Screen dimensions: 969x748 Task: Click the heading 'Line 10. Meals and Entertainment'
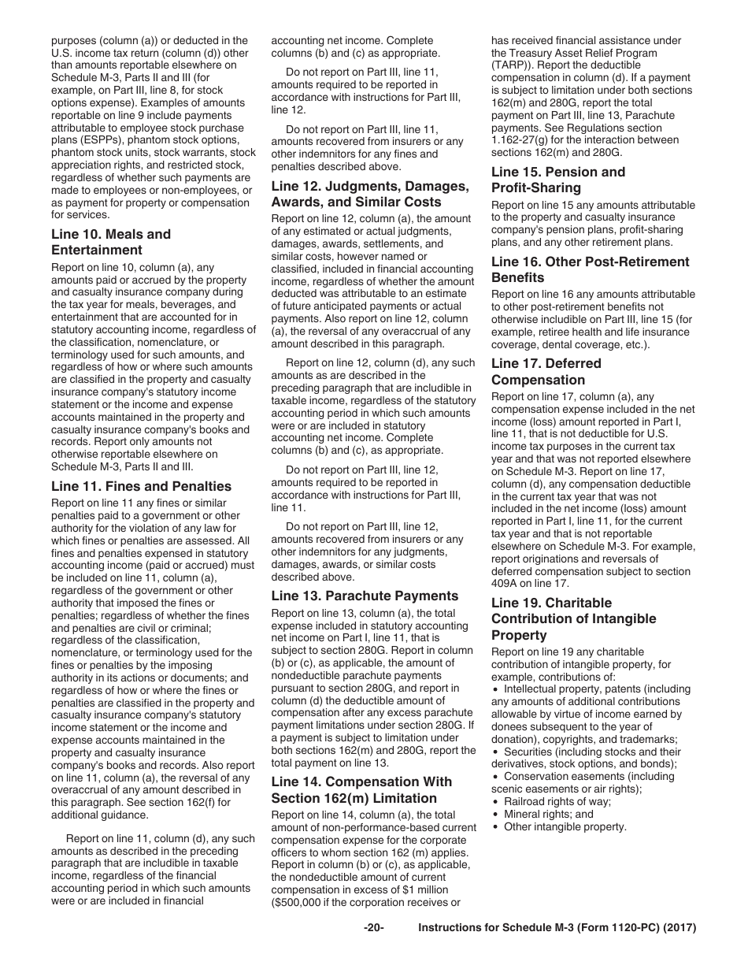tap(110, 242)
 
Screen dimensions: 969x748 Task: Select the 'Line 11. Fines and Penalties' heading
tap(142, 486)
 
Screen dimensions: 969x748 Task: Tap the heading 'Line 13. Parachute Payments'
tap(365, 596)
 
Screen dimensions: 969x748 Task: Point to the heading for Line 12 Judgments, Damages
tap(369, 194)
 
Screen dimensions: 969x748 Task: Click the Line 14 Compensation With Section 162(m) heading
tap(361, 789)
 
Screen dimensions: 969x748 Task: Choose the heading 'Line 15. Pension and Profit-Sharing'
tap(557, 180)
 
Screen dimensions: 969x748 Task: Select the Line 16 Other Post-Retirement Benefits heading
tap(590, 269)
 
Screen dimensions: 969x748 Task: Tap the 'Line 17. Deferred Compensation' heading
tap(546, 372)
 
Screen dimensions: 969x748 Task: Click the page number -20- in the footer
tap(373, 928)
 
